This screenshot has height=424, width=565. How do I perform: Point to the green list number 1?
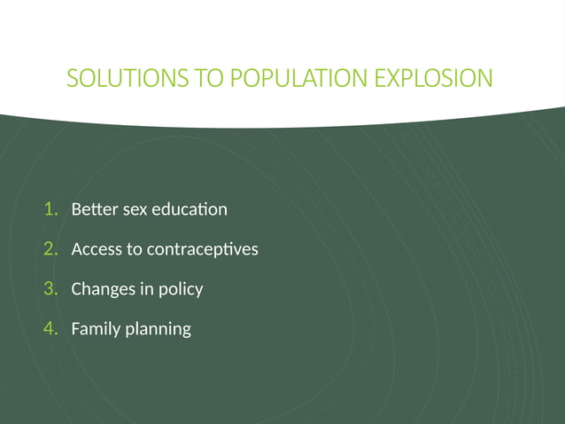(50, 209)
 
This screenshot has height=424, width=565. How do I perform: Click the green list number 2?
(50, 249)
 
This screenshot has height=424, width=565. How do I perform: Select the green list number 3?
(50, 288)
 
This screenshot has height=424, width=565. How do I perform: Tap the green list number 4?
(50, 328)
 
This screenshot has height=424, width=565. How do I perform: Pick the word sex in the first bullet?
(134, 210)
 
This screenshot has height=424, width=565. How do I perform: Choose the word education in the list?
(190, 210)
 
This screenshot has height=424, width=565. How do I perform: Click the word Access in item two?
(97, 249)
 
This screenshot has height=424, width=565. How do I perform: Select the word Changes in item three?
(101, 289)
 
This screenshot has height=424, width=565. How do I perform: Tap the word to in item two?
(134, 249)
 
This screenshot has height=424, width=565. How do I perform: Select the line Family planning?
(130, 328)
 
